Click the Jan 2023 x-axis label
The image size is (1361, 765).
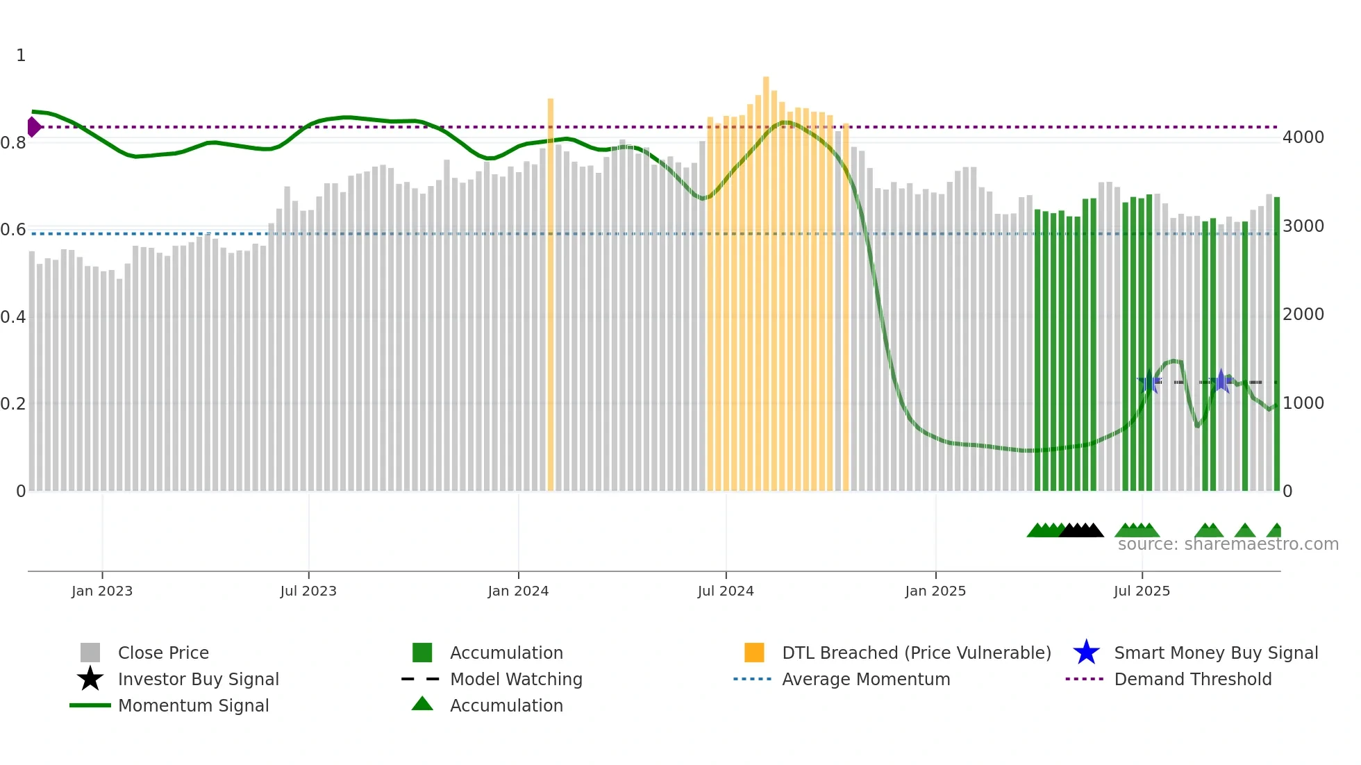tap(102, 591)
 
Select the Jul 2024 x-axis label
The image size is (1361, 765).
tap(726, 591)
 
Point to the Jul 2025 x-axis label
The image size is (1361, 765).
tap(1142, 591)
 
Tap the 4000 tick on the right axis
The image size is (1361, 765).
tap(1303, 137)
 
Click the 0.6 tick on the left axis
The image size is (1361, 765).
tap(14, 230)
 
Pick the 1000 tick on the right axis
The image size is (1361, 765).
tap(1303, 403)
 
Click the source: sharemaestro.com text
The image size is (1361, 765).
tap(1228, 544)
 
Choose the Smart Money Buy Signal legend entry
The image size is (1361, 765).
tap(1215, 653)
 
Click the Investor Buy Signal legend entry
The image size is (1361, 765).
tap(198, 679)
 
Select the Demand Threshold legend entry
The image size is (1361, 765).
tap(1192, 679)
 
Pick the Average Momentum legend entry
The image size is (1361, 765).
tap(865, 679)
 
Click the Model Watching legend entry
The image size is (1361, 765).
tap(516, 679)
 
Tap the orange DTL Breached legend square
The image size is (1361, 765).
tap(754, 653)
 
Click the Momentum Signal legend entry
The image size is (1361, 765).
tap(193, 705)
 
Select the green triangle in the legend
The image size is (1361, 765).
tap(422, 704)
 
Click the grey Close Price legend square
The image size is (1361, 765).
tap(90, 653)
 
